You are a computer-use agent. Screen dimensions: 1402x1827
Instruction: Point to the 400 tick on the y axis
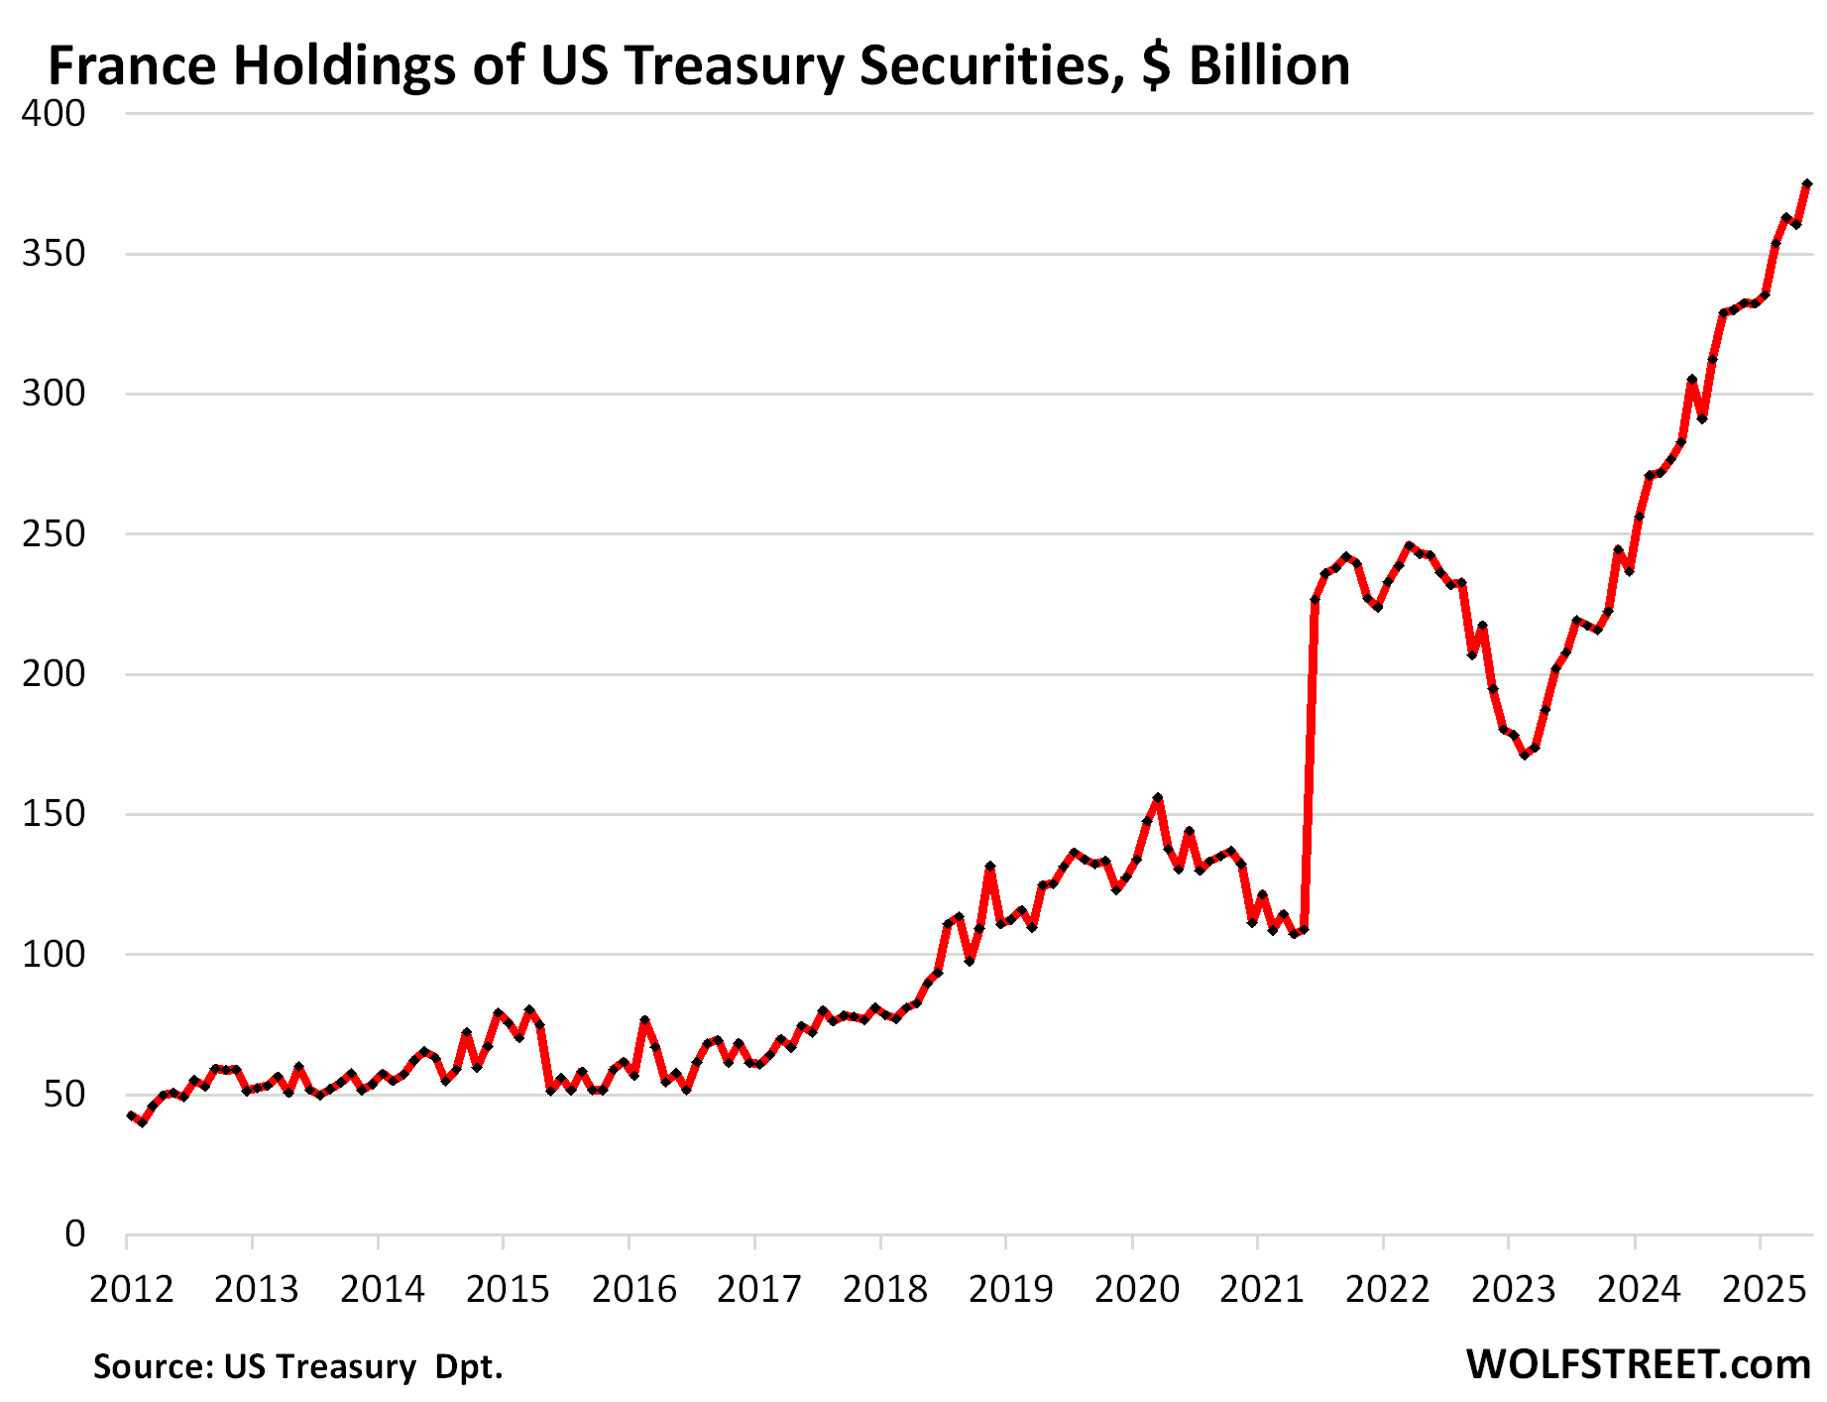tap(54, 113)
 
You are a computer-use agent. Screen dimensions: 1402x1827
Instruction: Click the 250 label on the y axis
tap(54, 534)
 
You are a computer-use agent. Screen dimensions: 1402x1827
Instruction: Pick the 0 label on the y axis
tap(75, 1234)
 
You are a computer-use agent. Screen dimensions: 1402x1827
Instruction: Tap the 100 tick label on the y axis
tap(54, 955)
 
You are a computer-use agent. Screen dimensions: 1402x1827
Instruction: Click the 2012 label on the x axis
tap(131, 1289)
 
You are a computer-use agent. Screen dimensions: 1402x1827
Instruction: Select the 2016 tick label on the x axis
tap(633, 1289)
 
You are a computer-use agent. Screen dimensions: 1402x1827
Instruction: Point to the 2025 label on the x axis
tap(1765, 1289)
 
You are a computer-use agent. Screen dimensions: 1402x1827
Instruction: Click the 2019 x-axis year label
tap(1010, 1289)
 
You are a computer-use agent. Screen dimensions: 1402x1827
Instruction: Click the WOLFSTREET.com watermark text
tap(1639, 1364)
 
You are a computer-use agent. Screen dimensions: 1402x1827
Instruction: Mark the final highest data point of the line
tap(1807, 184)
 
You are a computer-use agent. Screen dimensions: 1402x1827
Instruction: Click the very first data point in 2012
tap(131, 1115)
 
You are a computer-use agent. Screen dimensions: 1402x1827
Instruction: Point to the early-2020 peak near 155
tap(1158, 798)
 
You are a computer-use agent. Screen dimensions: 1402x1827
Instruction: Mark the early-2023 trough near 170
tap(1525, 756)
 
